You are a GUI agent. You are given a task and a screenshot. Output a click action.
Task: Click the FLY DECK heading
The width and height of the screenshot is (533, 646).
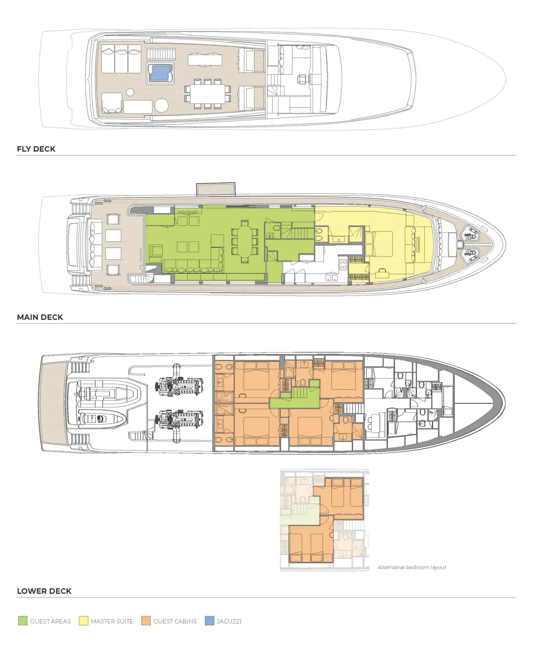point(36,149)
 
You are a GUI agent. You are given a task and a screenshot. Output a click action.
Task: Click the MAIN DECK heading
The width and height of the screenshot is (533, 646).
point(40,317)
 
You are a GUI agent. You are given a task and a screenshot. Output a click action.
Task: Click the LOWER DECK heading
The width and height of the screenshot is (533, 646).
point(44,591)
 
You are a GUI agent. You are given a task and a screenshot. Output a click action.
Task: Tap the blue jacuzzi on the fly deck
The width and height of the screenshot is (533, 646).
point(160,73)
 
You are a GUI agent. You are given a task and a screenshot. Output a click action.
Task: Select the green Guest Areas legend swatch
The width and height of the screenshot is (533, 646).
point(23,621)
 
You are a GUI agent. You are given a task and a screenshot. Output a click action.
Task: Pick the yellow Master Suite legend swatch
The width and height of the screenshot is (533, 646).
point(84,621)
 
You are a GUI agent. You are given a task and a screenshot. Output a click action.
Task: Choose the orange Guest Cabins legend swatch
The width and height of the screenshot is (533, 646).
point(146,621)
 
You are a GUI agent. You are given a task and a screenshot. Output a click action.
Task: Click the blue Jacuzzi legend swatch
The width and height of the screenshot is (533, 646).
point(210,621)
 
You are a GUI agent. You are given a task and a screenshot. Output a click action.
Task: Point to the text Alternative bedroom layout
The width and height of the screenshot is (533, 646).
point(412,567)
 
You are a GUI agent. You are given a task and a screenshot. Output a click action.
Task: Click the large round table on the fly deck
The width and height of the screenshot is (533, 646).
point(161,105)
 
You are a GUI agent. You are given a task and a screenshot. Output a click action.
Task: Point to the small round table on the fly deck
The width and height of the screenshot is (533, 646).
point(130,92)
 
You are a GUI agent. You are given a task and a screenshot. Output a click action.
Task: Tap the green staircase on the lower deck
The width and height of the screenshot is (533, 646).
point(299,393)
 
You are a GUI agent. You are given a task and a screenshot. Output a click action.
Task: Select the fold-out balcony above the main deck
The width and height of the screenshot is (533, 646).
point(216,189)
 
